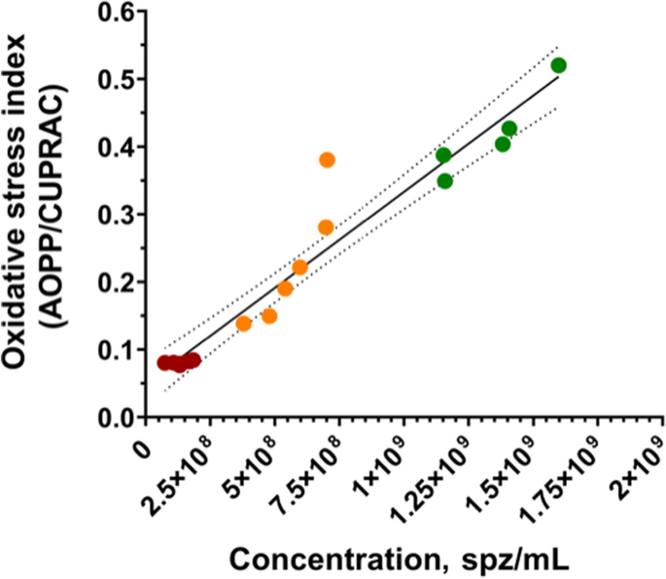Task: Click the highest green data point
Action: tap(558, 65)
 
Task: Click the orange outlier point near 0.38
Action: tap(327, 159)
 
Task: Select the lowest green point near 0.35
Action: tap(445, 181)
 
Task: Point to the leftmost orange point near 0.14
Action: tap(244, 324)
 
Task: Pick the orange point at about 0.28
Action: tap(326, 227)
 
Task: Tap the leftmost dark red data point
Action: tap(164, 362)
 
